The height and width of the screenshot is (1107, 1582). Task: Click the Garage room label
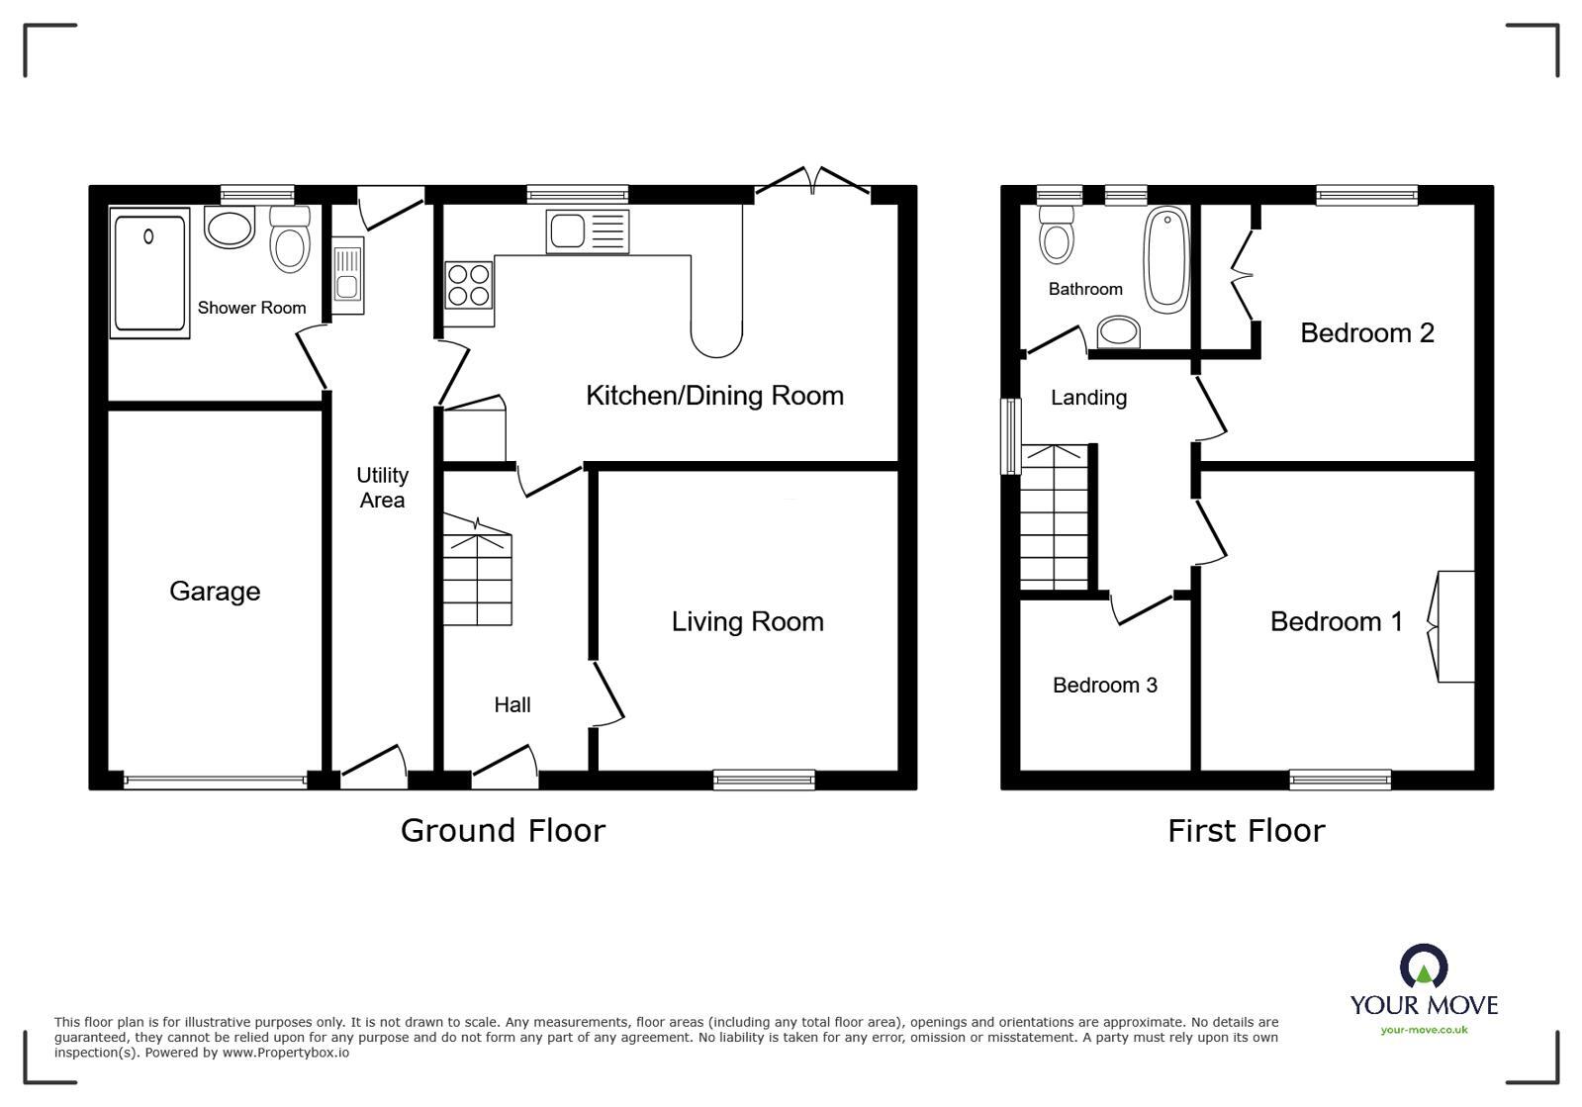click(x=215, y=592)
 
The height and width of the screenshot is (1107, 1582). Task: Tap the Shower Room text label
click(x=251, y=308)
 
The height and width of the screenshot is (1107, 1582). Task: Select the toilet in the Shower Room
click(x=290, y=240)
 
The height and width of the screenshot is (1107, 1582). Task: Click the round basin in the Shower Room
click(x=230, y=228)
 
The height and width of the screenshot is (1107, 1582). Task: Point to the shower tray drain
click(x=148, y=236)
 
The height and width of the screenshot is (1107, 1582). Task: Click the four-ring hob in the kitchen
click(x=468, y=283)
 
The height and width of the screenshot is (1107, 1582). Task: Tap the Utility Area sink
click(x=347, y=276)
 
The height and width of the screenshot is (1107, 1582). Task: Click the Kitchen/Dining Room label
click(x=714, y=396)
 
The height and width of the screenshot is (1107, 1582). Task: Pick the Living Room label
click(x=747, y=621)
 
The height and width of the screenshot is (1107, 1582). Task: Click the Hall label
click(x=512, y=704)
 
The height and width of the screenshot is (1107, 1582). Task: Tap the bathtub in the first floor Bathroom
click(x=1166, y=259)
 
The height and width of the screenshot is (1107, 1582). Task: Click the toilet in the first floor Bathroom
click(x=1058, y=233)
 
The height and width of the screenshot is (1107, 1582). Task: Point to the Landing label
click(x=1088, y=398)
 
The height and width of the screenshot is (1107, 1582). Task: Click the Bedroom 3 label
click(x=1104, y=685)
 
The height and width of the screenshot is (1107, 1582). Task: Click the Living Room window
click(x=764, y=780)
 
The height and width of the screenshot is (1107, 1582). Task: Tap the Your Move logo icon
click(x=1424, y=966)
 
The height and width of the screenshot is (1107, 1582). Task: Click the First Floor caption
click(x=1246, y=831)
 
